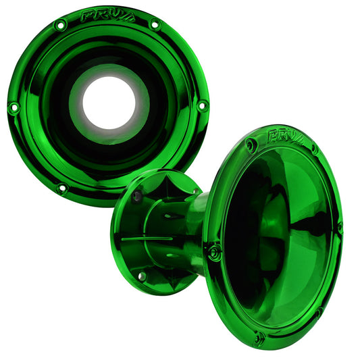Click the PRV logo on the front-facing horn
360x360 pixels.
pos(108,16)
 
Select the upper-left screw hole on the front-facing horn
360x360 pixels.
pos(60,26)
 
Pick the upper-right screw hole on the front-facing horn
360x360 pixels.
pos(155,25)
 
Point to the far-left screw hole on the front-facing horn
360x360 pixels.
pos(13,107)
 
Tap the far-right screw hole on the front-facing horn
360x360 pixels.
pos(201,106)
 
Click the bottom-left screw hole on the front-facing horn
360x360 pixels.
pos(61,188)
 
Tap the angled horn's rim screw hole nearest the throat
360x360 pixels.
pos(215,251)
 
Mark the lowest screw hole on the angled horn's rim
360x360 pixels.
pos(259,337)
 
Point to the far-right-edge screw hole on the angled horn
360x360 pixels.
pos(339,228)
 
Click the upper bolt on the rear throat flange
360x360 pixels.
pos(137,196)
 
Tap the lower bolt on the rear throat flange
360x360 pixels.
pos(141,276)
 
